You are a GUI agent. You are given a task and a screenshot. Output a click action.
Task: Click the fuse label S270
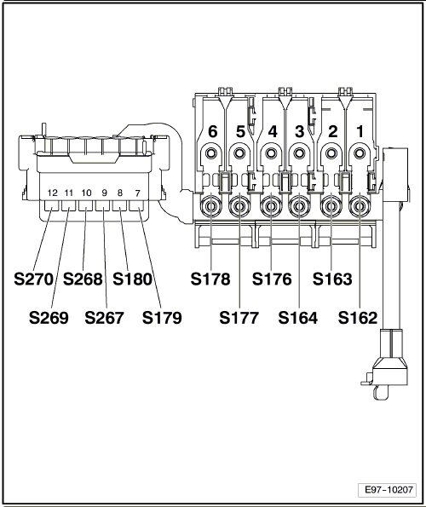click(x=33, y=279)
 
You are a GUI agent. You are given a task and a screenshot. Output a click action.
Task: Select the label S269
click(x=49, y=318)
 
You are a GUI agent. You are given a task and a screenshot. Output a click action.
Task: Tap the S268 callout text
click(x=83, y=279)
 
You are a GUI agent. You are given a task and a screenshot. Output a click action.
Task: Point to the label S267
click(x=105, y=318)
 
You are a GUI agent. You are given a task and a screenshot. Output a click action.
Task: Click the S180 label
click(x=133, y=279)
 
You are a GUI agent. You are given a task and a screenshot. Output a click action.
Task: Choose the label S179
click(x=162, y=318)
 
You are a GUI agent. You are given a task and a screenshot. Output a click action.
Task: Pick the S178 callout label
click(x=210, y=279)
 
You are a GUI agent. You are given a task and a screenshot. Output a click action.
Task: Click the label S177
click(x=239, y=318)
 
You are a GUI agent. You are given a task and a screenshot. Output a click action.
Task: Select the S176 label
click(x=272, y=279)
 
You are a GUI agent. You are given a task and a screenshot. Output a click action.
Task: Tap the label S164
click(x=298, y=318)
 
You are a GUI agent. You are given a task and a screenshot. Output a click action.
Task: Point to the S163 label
click(x=332, y=279)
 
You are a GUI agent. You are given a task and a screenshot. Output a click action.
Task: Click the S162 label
click(x=358, y=318)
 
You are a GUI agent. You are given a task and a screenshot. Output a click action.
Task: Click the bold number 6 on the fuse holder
click(x=213, y=131)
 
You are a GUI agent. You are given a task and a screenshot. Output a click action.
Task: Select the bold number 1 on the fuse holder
click(x=360, y=131)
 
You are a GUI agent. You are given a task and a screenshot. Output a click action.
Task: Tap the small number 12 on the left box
click(x=52, y=193)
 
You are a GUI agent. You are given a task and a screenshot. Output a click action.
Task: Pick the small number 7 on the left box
click(x=138, y=193)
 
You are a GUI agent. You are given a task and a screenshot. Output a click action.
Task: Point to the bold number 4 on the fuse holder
click(x=273, y=131)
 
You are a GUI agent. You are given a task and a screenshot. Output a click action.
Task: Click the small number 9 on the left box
click(x=104, y=193)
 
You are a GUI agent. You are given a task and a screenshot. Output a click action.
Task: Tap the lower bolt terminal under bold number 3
click(x=299, y=206)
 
